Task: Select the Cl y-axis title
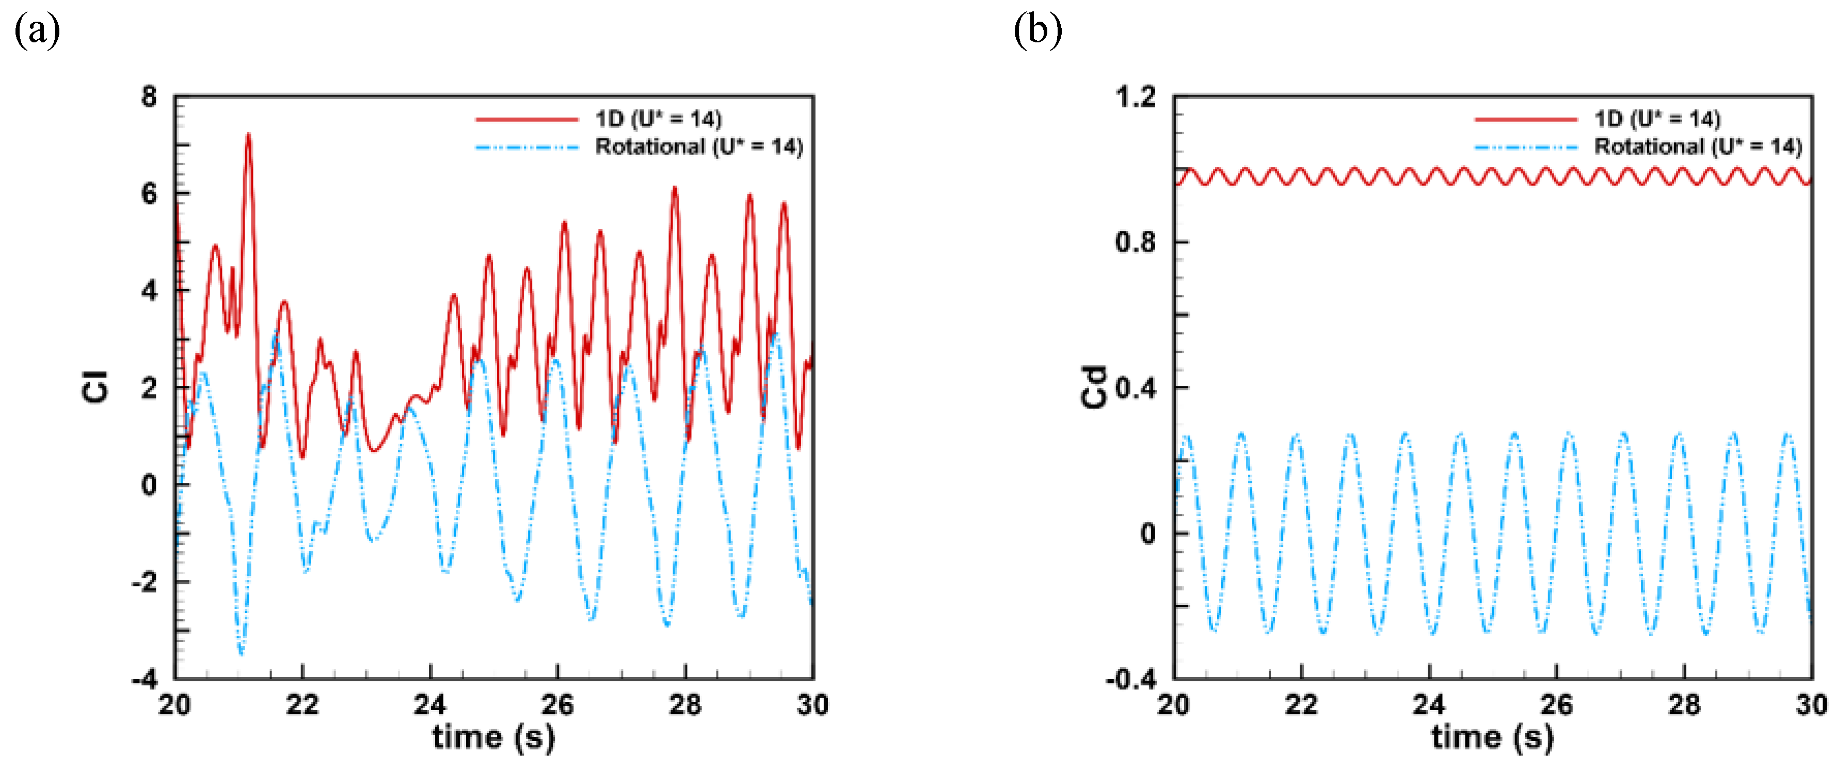(95, 387)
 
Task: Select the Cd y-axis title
(1094, 388)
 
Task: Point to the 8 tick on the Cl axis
(149, 96)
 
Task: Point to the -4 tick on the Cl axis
(145, 679)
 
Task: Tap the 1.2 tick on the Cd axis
(1136, 96)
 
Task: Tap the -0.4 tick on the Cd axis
(1131, 679)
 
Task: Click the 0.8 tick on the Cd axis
(1136, 242)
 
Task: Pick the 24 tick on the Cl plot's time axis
(430, 705)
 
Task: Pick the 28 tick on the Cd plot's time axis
(1684, 705)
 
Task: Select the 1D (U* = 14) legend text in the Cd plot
(1657, 118)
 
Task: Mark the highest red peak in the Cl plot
(248, 134)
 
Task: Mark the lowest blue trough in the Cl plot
(241, 652)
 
